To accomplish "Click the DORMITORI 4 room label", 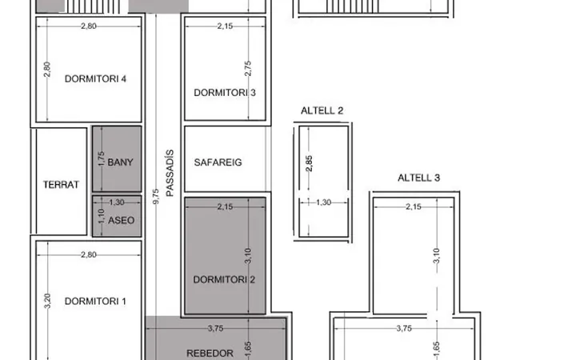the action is click(95, 78).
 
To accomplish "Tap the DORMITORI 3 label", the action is click(225, 93).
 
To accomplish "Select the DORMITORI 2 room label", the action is click(224, 279).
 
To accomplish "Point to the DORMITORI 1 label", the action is click(95, 302).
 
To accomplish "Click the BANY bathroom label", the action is click(120, 162).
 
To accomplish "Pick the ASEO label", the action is click(122, 220).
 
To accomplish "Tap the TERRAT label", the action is click(61, 185).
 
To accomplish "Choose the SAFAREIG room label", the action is click(218, 162).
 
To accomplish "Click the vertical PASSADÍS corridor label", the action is click(170, 173).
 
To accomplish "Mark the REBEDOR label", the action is click(210, 354).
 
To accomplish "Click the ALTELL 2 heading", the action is click(322, 110).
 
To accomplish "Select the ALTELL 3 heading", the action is click(418, 178).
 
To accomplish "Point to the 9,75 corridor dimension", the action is click(156, 197).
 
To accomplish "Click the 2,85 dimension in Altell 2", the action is click(309, 163).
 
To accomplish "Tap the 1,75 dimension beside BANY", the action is click(102, 158).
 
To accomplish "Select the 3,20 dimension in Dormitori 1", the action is click(47, 301).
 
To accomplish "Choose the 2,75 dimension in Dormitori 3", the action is click(248, 69).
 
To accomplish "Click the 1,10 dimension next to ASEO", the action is click(102, 216).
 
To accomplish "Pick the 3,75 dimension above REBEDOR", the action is click(215, 329).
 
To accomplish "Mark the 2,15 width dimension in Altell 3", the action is click(414, 207).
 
